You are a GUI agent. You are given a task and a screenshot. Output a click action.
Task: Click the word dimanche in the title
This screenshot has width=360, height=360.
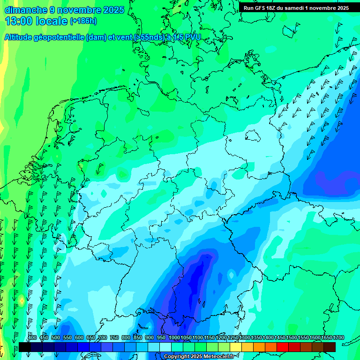point(26,10)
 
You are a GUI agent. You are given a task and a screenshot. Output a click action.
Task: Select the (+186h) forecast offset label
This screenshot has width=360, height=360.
point(83,21)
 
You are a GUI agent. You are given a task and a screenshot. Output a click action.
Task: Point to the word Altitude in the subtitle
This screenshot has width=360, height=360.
point(22,37)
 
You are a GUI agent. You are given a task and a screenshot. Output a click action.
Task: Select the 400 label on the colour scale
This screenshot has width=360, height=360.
point(32,338)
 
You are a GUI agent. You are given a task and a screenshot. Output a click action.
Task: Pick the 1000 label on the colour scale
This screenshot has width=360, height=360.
point(174,338)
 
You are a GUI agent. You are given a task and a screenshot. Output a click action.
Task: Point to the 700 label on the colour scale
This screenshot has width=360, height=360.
point(103,338)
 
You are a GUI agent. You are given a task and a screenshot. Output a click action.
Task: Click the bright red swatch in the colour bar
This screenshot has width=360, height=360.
point(283,347)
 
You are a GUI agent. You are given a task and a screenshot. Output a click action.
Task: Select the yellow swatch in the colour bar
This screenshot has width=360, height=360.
point(236,347)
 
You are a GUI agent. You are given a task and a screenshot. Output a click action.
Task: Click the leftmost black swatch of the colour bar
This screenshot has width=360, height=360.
point(25,347)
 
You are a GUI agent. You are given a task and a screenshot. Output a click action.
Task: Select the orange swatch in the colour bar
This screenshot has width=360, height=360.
point(259,347)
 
